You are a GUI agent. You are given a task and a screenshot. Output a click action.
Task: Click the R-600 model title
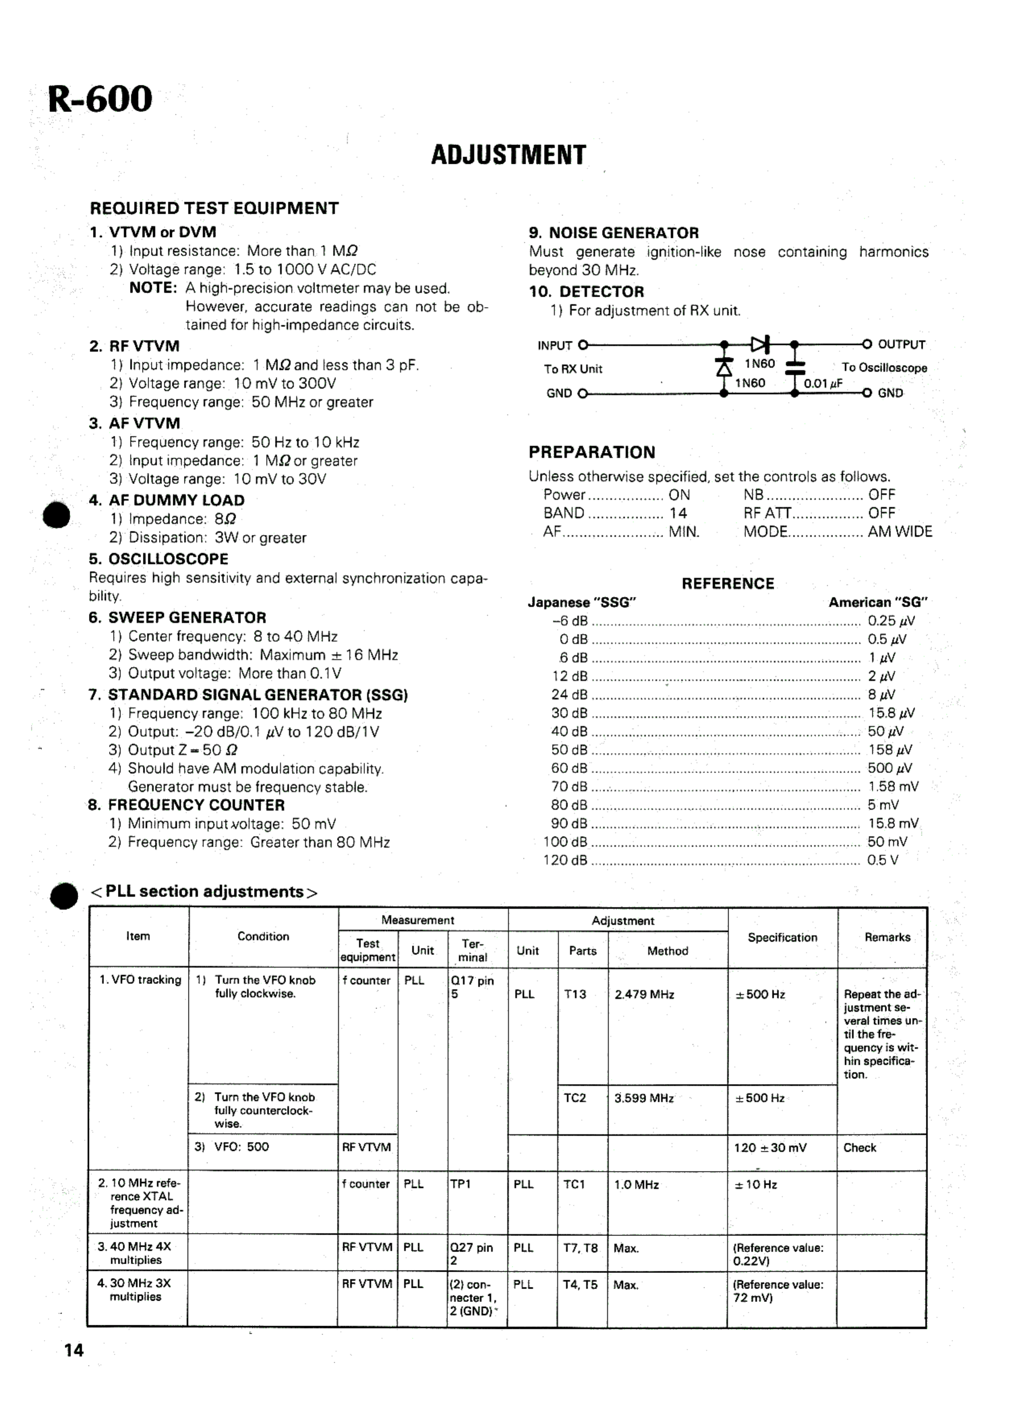coord(99,99)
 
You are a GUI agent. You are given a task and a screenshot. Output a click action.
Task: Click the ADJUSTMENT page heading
coord(508,155)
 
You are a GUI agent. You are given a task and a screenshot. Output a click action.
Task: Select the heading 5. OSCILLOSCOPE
coord(159,559)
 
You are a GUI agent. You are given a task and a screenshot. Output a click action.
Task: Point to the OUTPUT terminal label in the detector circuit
coord(901,344)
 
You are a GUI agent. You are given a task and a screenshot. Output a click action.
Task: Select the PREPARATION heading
coord(592,452)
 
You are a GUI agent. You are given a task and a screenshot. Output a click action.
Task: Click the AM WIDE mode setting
coord(900,532)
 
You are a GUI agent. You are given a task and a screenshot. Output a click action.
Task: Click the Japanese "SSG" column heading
coord(582,602)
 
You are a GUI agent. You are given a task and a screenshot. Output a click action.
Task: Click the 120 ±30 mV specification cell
coord(770,1148)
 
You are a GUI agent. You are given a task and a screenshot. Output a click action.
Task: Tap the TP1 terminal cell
coord(461,1184)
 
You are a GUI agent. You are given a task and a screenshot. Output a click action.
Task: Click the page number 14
coord(73,1350)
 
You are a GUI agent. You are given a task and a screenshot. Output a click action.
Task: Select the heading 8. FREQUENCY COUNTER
coord(187,805)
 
